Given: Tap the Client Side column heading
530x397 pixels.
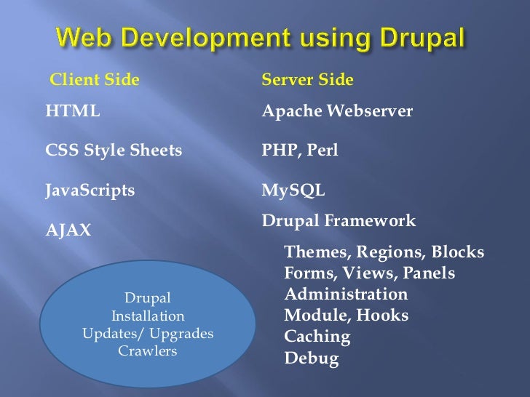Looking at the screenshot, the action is point(93,79).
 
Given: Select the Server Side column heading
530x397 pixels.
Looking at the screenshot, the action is point(307,79).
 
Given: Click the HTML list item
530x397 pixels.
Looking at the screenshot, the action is point(73,112).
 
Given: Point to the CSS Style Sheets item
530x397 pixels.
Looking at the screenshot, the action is point(114,151).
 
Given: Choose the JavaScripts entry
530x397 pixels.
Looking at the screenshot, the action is point(90,191).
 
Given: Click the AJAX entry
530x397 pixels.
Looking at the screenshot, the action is point(69,230).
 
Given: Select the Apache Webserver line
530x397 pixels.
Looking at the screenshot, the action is point(337,112).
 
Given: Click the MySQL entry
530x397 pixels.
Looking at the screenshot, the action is point(293,191).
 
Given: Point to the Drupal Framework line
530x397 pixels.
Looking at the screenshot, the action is point(339,220).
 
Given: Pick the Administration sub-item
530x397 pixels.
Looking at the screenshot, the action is point(346,294).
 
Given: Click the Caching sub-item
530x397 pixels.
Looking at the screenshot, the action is point(317,337).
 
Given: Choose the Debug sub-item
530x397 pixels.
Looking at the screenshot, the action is point(312,358).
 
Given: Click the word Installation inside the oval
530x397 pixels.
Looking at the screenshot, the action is point(148,316).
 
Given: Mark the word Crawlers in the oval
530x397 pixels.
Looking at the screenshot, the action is point(148,351).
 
